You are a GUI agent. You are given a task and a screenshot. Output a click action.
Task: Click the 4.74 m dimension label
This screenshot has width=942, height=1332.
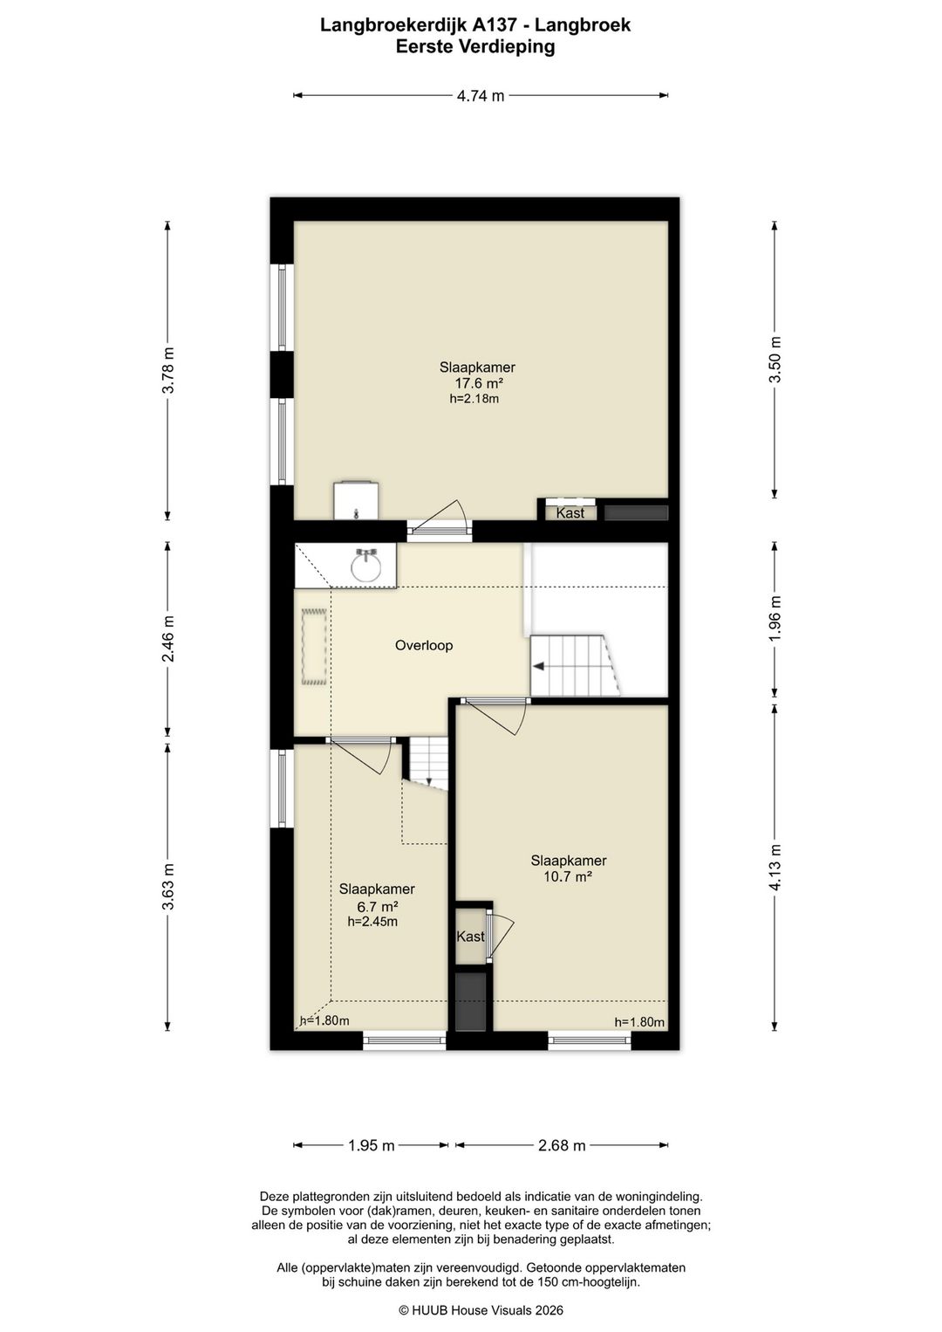481,96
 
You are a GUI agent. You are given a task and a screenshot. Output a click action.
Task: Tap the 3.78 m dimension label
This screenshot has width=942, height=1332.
169,369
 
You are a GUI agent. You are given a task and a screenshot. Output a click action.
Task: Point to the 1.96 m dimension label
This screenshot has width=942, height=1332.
775,618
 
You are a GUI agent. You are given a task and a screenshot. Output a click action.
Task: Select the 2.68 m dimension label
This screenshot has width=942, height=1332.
562,1144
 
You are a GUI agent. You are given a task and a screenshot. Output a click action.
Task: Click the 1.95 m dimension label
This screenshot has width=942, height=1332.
372,1144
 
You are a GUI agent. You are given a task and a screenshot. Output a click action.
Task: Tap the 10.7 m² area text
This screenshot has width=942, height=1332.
568,875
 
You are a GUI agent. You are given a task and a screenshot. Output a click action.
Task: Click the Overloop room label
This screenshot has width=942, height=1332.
424,645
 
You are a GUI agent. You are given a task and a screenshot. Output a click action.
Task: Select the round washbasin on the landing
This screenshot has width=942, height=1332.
366,566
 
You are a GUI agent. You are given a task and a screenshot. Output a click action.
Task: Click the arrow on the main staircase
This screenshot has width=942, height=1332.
540,667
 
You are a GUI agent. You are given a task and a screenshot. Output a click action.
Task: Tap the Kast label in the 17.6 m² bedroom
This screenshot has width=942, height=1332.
570,512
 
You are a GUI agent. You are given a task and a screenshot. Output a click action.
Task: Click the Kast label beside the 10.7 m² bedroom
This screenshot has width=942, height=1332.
470,937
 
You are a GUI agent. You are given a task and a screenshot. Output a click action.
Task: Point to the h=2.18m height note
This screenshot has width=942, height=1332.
474,399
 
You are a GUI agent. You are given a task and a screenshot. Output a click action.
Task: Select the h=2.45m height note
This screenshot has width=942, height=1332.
372,922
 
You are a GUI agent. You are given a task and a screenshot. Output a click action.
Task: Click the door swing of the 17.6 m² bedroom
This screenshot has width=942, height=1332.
440,514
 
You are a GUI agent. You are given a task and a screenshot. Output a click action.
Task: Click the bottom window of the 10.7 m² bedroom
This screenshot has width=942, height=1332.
589,1040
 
